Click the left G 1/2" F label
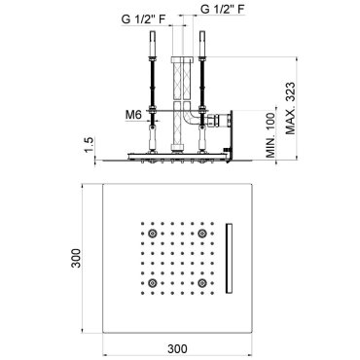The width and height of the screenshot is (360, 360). [143, 19]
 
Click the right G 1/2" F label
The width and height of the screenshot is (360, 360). [223, 9]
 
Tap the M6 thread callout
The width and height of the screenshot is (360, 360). [133, 115]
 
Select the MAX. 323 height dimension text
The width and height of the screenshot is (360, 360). [291, 108]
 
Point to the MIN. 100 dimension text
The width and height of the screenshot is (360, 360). [270, 135]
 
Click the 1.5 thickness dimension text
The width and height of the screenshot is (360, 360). [90, 144]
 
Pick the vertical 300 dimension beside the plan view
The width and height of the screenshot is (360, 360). [76, 258]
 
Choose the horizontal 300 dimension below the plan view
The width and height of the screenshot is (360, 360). [177, 349]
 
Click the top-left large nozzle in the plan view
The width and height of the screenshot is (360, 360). [152, 233]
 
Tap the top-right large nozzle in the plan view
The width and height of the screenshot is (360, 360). [202, 233]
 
